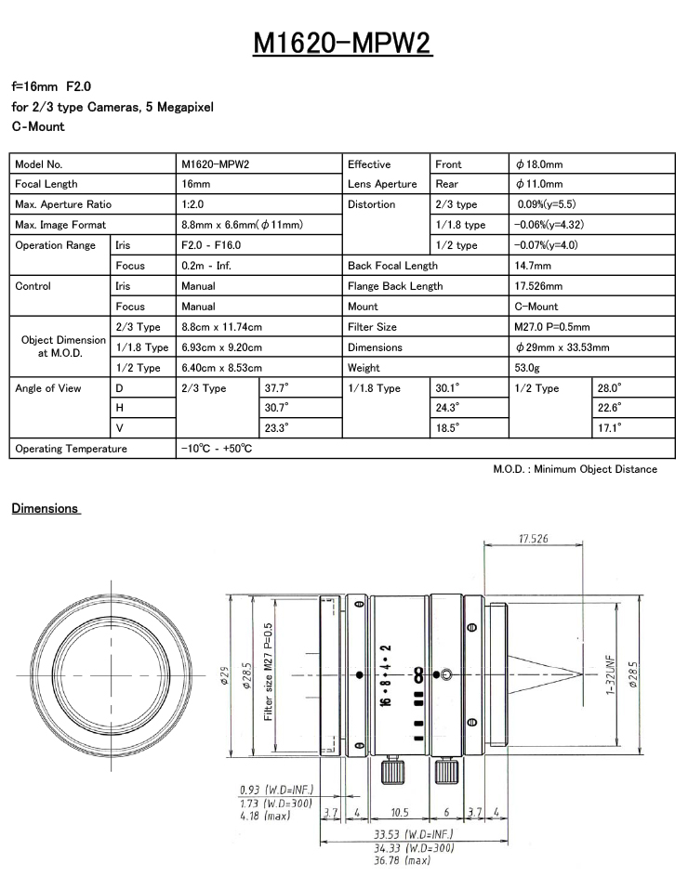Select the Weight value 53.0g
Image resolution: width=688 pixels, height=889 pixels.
click(x=531, y=368)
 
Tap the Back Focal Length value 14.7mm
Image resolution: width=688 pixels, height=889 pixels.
click(x=534, y=266)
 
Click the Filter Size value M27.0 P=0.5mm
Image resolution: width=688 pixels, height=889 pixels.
click(x=551, y=327)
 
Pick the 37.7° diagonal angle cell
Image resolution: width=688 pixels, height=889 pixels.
click(x=277, y=388)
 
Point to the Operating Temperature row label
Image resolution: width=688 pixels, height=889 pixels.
click(x=71, y=449)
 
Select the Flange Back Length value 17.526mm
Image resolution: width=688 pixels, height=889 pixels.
click(x=538, y=286)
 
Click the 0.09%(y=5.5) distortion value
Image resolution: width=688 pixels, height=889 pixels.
click(x=548, y=204)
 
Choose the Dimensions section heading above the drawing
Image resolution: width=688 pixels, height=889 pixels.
click(x=45, y=508)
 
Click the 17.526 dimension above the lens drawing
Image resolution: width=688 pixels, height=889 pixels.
click(x=533, y=539)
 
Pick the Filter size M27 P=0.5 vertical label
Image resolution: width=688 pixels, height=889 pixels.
click(x=268, y=672)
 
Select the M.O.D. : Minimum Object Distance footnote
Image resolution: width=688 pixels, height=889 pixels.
click(x=575, y=469)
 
